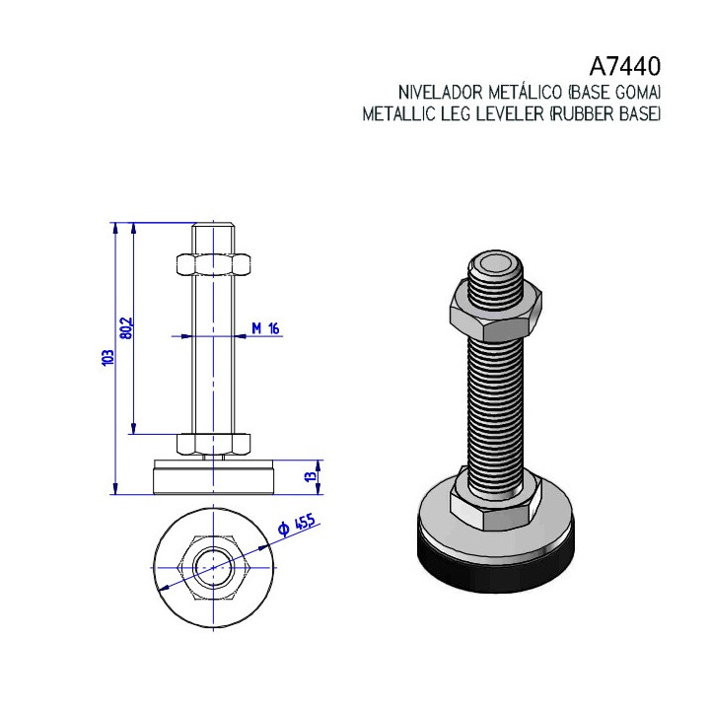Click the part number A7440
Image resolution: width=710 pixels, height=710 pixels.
[x=625, y=67]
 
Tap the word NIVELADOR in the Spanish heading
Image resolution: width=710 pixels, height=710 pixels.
[x=441, y=93]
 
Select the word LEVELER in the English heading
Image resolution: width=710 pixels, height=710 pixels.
[x=510, y=113]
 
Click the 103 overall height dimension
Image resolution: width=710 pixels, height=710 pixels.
[x=107, y=358]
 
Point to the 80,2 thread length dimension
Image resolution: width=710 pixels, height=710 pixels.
[x=127, y=327]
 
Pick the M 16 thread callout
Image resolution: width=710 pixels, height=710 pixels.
[x=265, y=328]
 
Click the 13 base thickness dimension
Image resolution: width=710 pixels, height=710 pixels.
[x=311, y=476]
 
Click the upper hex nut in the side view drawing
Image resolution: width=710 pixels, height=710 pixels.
[x=213, y=265]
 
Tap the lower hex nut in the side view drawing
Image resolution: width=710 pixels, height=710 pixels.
[x=213, y=444]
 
